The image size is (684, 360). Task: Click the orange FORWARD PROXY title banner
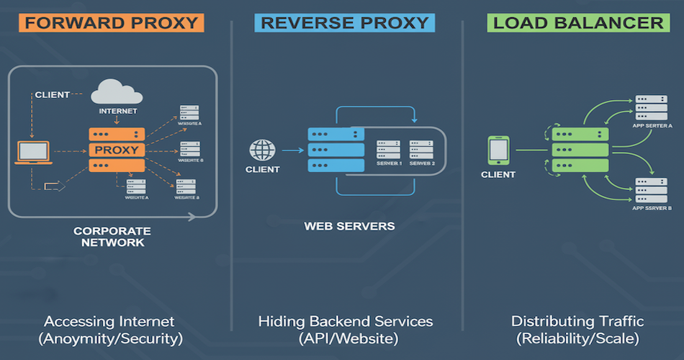(111, 22)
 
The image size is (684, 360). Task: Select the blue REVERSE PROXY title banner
(344, 22)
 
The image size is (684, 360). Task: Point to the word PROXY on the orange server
(117, 150)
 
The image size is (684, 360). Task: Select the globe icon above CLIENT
(262, 150)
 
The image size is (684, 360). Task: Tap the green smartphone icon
(498, 150)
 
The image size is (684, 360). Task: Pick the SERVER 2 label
(423, 164)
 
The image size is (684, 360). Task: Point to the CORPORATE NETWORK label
(112, 237)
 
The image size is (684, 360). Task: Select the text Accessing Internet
(109, 320)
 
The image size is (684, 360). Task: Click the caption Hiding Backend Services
(346, 320)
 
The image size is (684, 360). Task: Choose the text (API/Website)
(346, 338)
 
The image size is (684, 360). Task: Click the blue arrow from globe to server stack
(291, 150)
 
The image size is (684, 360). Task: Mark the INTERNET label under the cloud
(117, 112)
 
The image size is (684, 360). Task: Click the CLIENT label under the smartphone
(498, 174)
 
